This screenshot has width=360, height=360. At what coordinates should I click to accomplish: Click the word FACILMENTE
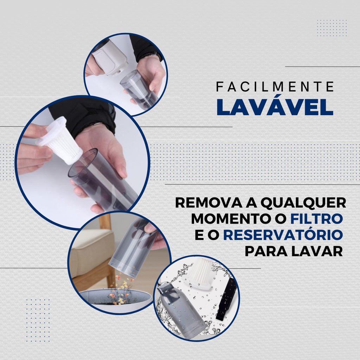tap(275, 86)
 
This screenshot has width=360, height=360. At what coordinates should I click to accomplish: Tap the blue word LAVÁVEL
tap(275, 107)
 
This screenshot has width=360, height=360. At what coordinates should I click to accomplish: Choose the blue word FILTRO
tap(317, 219)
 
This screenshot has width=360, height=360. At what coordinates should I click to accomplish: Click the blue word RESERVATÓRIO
tap(283, 234)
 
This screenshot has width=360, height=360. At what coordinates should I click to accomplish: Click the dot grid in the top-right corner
tap(332, 28)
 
